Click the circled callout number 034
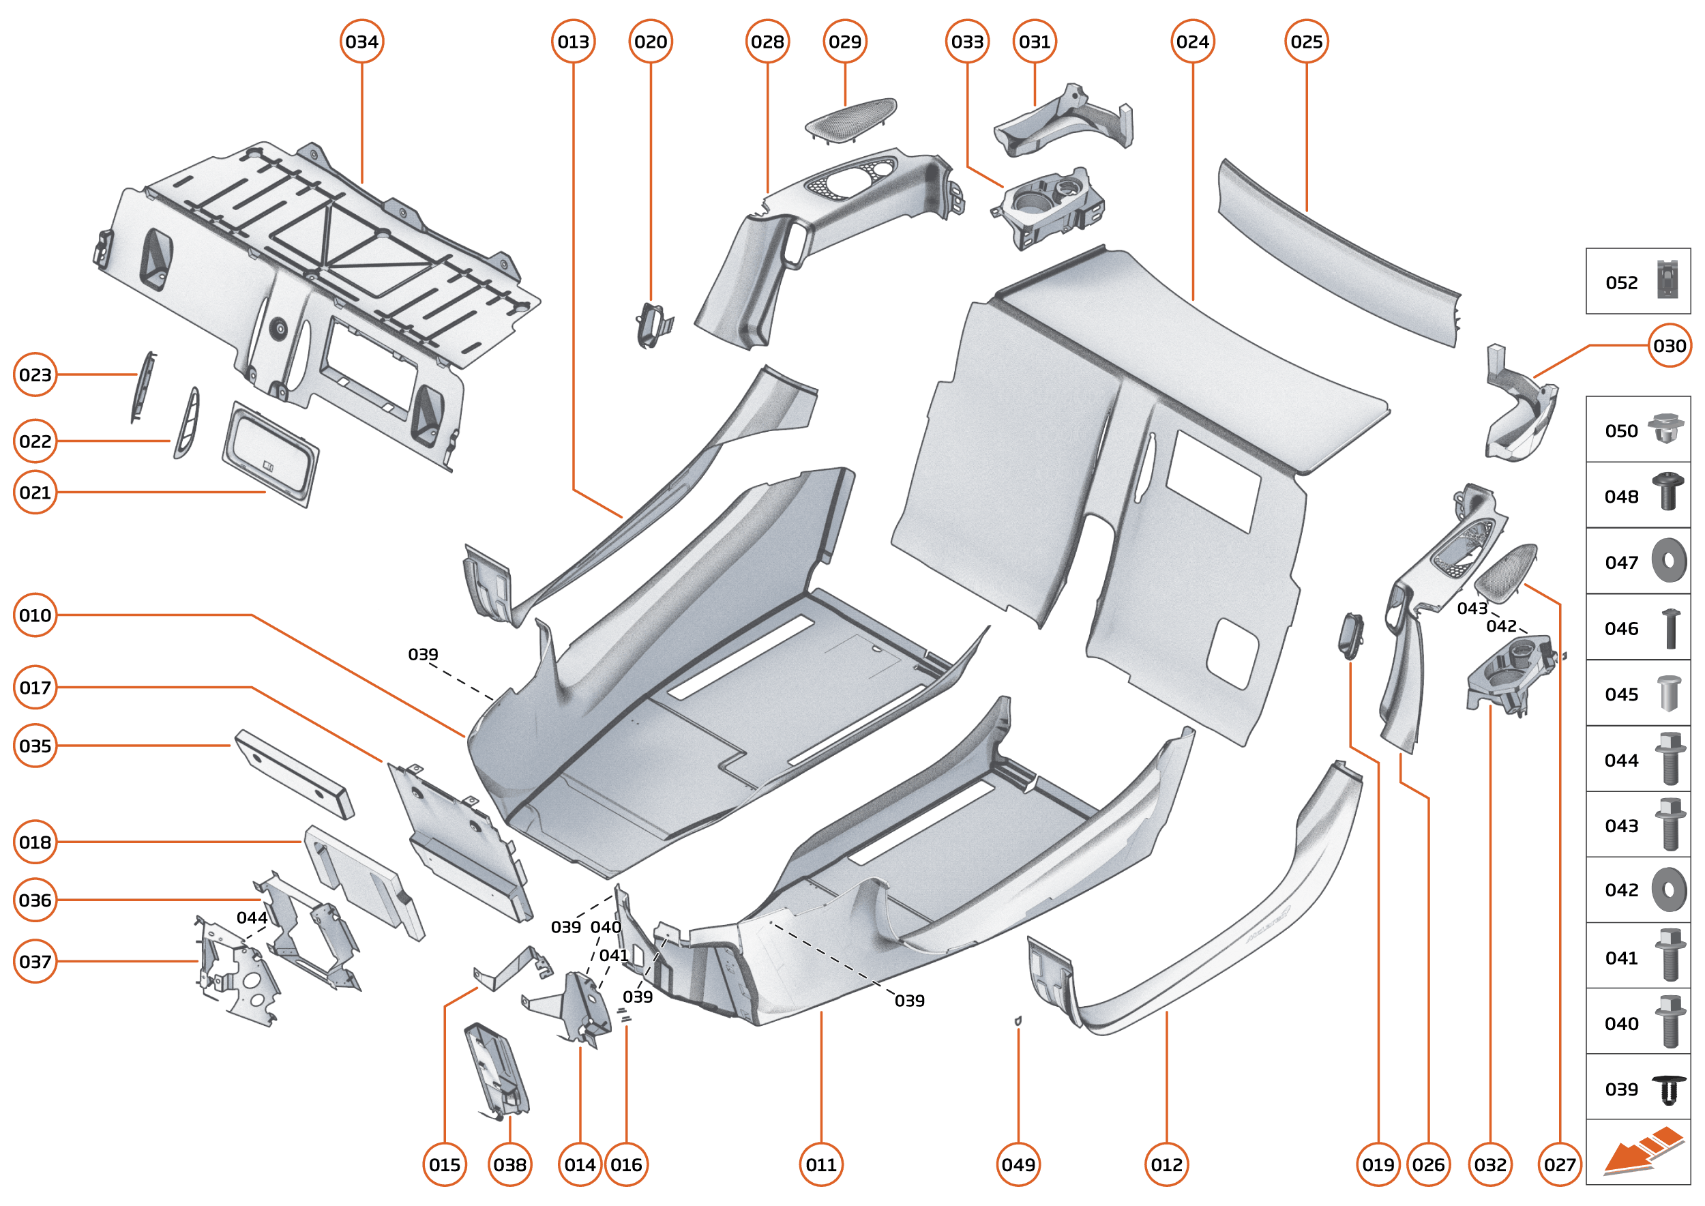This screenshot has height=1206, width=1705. tap(361, 42)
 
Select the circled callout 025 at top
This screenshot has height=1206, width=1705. tap(1306, 42)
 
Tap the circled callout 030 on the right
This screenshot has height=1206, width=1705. tap(1670, 345)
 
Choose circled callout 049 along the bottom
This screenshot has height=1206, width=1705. tap(1018, 1164)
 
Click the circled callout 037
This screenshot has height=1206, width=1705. tap(35, 961)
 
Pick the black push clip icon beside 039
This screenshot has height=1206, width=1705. tap(1669, 1089)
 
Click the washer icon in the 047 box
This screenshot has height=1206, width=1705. tap(1669, 560)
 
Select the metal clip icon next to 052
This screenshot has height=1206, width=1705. tap(1667, 279)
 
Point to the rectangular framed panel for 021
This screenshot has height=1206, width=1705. tap(270, 454)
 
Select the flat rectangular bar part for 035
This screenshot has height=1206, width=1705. tap(294, 774)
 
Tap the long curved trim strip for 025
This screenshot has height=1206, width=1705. tap(1337, 252)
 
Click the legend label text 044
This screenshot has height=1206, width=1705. tap(1621, 761)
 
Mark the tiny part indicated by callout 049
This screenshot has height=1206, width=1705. tap(1018, 1021)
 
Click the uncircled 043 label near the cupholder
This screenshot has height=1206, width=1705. tap(1472, 608)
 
